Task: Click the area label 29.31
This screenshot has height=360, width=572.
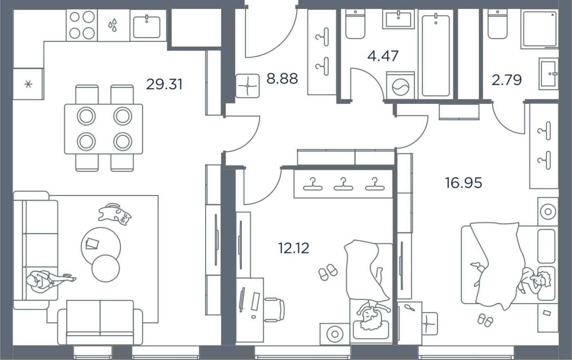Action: click(x=164, y=85)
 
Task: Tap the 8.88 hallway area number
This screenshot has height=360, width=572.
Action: click(x=282, y=79)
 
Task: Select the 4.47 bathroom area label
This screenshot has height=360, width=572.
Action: click(x=383, y=56)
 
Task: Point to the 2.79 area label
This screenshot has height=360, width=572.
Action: click(x=506, y=80)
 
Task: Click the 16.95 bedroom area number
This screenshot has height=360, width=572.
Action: click(x=463, y=183)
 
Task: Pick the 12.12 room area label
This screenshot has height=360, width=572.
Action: click(x=294, y=248)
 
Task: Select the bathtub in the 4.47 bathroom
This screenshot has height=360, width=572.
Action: click(x=436, y=55)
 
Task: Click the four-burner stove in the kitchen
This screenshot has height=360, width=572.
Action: click(x=81, y=25)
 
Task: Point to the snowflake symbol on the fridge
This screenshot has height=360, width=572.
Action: click(x=28, y=85)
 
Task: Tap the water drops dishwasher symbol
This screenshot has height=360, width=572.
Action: click(x=113, y=25)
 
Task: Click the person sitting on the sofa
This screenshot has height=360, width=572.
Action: click(x=45, y=281)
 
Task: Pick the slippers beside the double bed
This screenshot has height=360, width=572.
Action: click(x=486, y=320)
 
